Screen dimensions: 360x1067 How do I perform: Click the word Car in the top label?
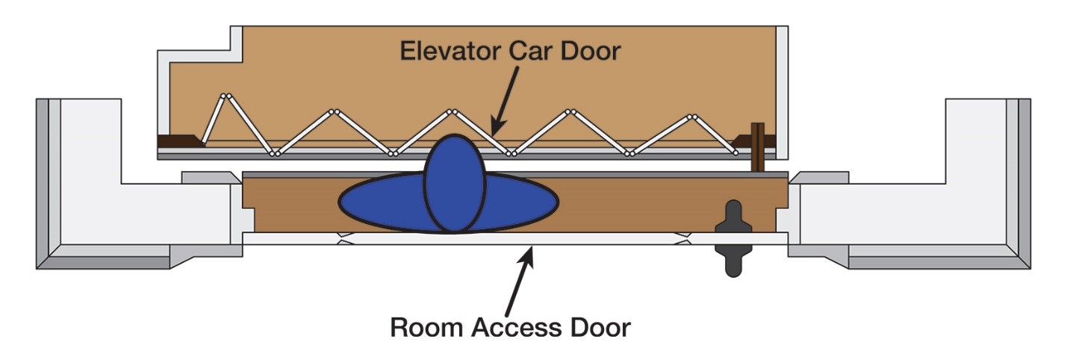(x=533, y=51)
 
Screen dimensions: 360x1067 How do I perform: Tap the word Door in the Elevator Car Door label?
(x=592, y=51)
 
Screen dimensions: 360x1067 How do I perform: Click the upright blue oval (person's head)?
(x=454, y=184)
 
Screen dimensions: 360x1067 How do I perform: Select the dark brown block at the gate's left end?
(x=178, y=140)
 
